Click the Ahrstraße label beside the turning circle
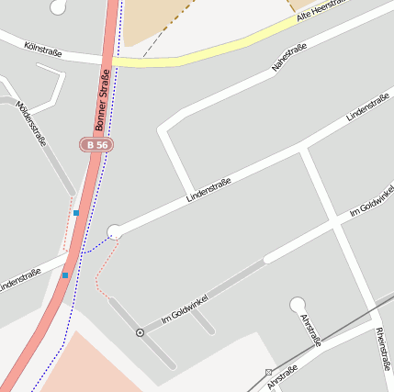point(311,329)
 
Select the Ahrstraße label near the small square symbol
point(283,376)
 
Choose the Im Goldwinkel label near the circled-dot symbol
point(185,308)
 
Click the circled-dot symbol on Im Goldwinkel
point(140,332)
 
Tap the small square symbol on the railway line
point(268,372)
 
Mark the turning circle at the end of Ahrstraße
point(297,304)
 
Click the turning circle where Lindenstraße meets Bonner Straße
point(115,231)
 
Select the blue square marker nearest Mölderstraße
point(76,213)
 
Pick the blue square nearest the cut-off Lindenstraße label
point(65,274)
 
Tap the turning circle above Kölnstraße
point(58,6)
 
